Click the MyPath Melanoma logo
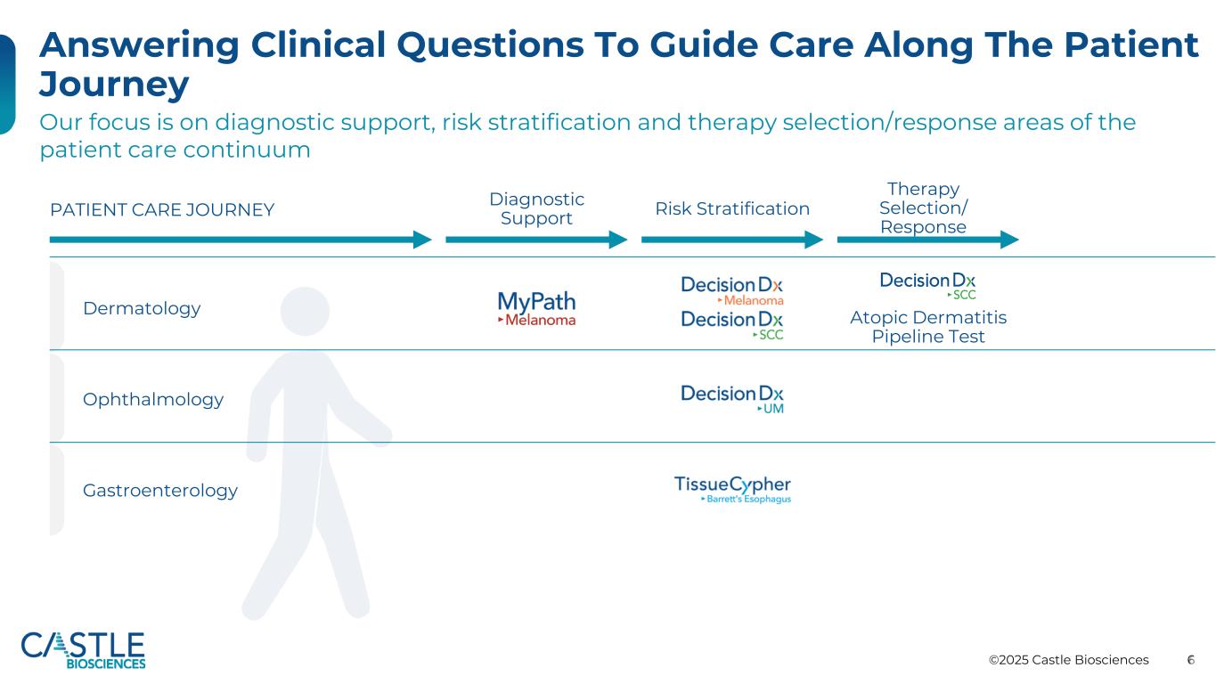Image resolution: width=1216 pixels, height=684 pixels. pyautogui.click(x=536, y=309)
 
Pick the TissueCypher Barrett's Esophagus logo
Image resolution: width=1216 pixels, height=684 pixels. pyautogui.click(x=732, y=490)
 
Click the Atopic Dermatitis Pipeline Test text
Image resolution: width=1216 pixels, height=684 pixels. pyautogui.click(x=928, y=327)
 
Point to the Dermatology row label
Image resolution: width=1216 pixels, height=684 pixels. pyautogui.click(x=142, y=308)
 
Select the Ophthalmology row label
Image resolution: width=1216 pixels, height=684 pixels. pyautogui.click(x=153, y=400)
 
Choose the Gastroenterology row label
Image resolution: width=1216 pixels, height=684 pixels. pyautogui.click(x=160, y=491)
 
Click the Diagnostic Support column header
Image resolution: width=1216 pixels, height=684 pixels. pyautogui.click(x=536, y=208)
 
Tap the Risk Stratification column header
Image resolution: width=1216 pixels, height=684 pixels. pyautogui.click(x=732, y=208)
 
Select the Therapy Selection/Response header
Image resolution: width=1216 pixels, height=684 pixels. pyautogui.click(x=924, y=208)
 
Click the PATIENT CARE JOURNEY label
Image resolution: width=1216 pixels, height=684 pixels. pyautogui.click(x=162, y=209)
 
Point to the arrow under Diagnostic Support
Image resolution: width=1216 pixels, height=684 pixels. pyautogui.click(x=536, y=240)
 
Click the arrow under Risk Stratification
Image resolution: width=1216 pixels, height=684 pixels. pyautogui.click(x=732, y=240)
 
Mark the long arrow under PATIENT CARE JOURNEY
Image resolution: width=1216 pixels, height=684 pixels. pyautogui.click(x=241, y=240)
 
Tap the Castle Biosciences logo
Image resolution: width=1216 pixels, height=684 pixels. pyautogui.click(x=83, y=650)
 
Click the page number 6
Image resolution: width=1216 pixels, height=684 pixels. pyautogui.click(x=1190, y=660)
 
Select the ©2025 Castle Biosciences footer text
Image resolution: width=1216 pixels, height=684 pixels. pyautogui.click(x=1068, y=660)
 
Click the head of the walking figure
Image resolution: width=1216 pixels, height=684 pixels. pyautogui.click(x=305, y=311)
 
